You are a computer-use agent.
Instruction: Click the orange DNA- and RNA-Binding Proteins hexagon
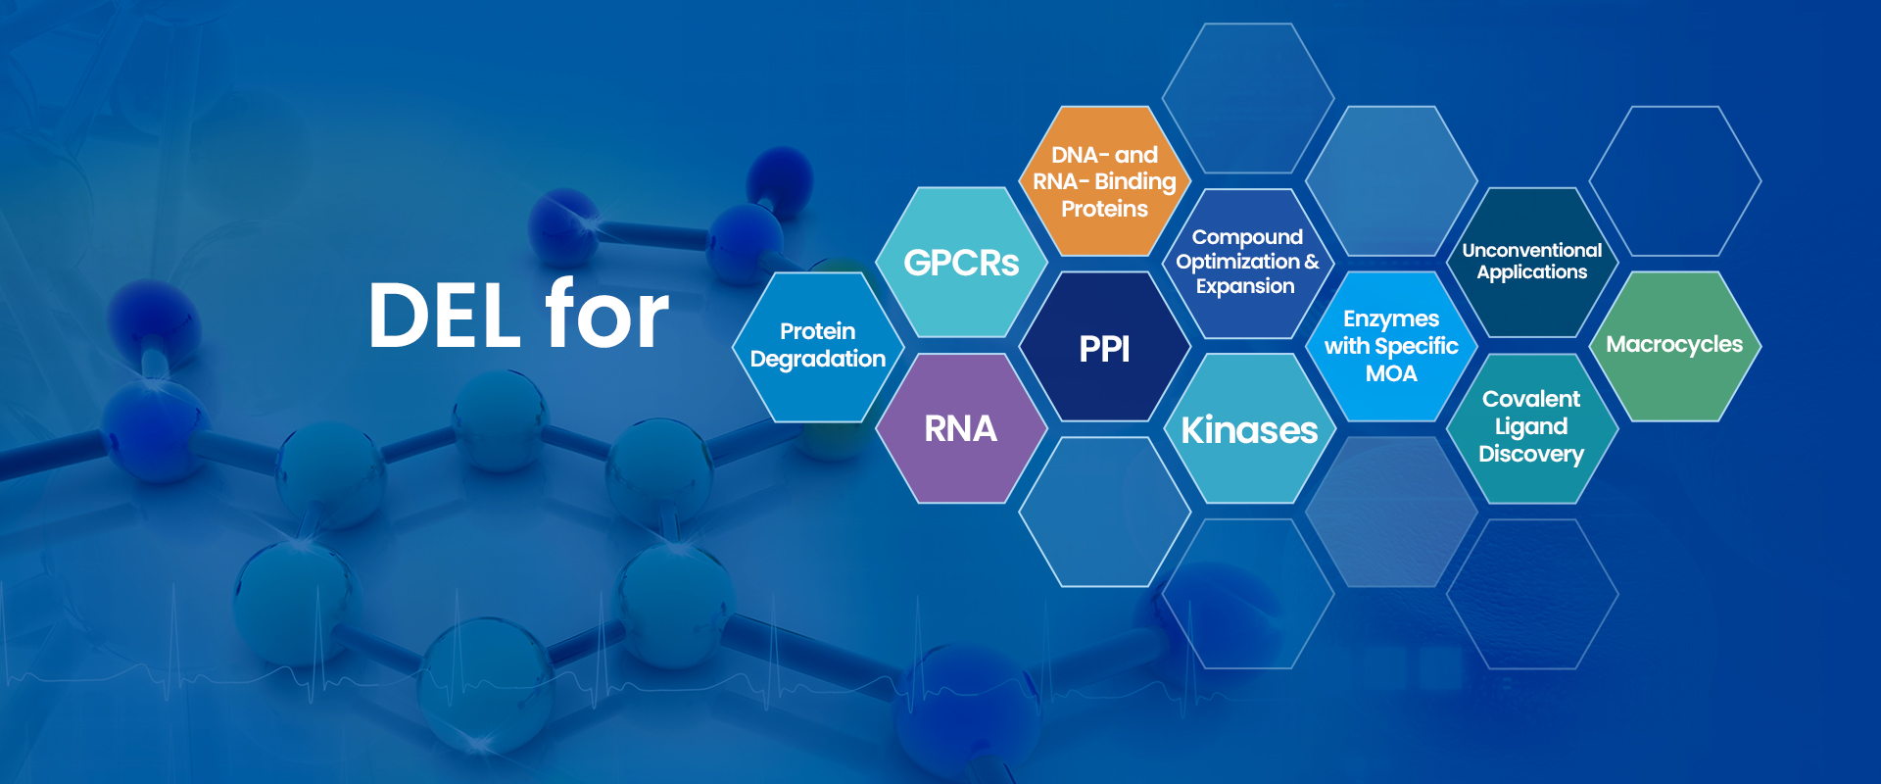[x=1105, y=181]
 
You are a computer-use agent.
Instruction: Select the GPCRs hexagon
[x=961, y=263]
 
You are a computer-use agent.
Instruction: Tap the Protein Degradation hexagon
[x=818, y=347]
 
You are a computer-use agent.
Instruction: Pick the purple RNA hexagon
[x=961, y=428]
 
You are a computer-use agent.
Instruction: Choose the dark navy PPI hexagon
[x=1105, y=347]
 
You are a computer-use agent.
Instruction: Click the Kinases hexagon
[x=1249, y=428]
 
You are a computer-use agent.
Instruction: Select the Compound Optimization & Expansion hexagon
[x=1247, y=263]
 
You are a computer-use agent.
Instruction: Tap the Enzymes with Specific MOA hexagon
[x=1391, y=347]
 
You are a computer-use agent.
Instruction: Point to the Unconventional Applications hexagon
[x=1532, y=263]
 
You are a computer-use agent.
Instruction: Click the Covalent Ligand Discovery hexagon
[x=1532, y=428]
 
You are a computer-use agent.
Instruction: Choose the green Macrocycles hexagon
[x=1675, y=347]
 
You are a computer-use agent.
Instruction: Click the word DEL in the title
[x=444, y=316]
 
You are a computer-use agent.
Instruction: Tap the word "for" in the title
[x=606, y=313]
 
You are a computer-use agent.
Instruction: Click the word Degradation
[x=818, y=360]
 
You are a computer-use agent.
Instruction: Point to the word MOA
[x=1391, y=373]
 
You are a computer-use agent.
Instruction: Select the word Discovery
[x=1531, y=455]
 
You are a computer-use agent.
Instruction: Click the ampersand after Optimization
[x=1312, y=262]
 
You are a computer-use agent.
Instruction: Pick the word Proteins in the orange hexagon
[x=1105, y=209]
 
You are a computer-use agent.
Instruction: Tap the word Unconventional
[x=1532, y=250]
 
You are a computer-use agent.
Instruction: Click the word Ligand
[x=1531, y=427]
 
